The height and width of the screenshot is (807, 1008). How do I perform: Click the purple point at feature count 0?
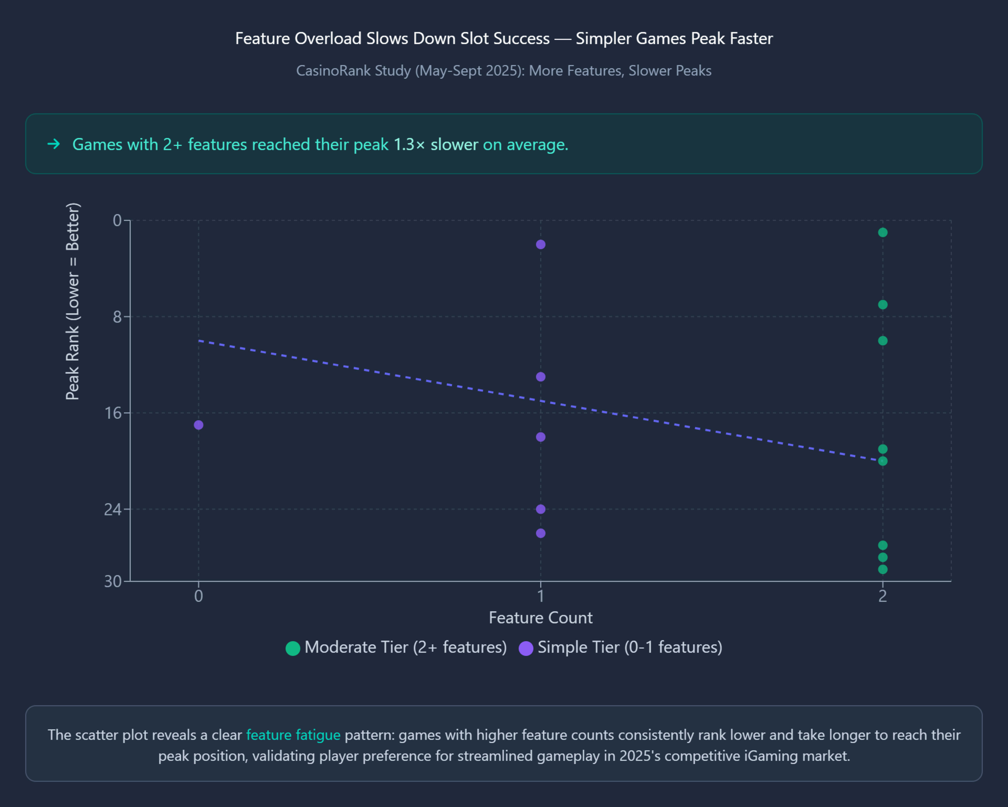click(198, 425)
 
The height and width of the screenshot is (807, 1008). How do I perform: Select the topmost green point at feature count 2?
click(882, 232)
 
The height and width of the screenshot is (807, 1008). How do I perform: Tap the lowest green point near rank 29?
click(882, 569)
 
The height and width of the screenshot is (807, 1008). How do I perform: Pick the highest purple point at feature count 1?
click(540, 245)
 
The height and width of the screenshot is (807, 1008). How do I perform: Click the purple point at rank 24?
click(540, 509)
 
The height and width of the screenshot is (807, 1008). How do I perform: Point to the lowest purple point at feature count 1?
click(540, 533)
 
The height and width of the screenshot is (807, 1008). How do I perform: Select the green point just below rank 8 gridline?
click(882, 341)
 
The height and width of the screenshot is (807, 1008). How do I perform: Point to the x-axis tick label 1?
click(540, 596)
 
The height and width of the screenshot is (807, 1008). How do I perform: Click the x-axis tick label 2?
click(882, 596)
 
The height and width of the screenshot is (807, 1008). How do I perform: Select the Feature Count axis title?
click(540, 618)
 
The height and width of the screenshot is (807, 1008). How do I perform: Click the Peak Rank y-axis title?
click(72, 301)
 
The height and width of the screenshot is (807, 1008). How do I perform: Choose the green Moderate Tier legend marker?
click(293, 648)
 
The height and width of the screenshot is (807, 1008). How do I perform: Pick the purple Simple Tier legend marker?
click(526, 648)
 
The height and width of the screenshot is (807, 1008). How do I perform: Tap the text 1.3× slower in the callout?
click(435, 144)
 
